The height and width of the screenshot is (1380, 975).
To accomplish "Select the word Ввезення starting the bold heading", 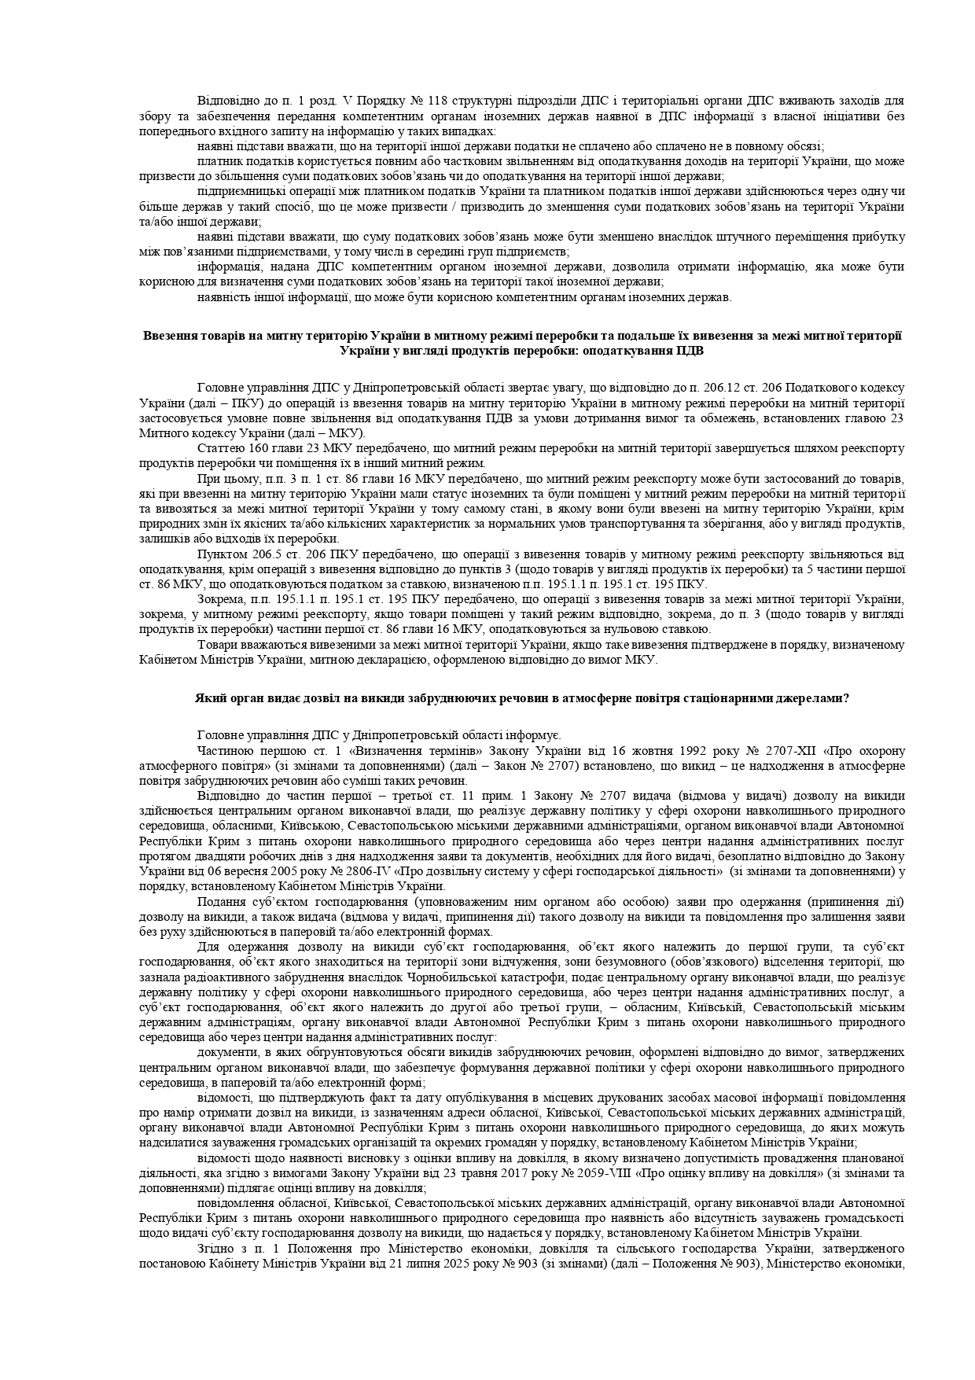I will [167, 336].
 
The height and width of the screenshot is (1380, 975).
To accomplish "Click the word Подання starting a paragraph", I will [221, 902].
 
